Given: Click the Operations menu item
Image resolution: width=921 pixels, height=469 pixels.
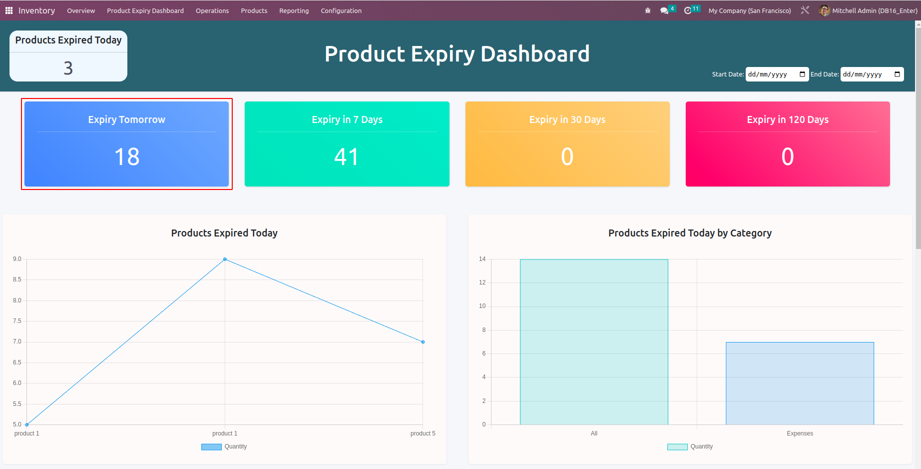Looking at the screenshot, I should [x=212, y=10].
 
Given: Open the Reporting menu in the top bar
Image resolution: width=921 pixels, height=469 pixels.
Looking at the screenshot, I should [x=294, y=10].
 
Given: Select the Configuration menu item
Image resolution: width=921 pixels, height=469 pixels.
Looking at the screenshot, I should [x=341, y=10].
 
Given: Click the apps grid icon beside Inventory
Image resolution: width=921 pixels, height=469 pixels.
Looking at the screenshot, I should [x=9, y=10].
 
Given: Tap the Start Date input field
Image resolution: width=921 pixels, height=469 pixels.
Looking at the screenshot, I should [x=772, y=74].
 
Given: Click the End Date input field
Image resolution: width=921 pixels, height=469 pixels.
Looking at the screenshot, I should [x=867, y=74].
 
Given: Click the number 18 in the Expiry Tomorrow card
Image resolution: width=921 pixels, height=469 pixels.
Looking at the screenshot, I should [x=127, y=157].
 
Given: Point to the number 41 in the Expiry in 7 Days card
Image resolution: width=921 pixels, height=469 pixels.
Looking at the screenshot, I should [x=347, y=157].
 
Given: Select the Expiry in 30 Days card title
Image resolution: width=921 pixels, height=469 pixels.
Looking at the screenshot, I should [x=567, y=119].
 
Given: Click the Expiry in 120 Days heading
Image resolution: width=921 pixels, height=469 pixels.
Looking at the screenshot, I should [x=788, y=119].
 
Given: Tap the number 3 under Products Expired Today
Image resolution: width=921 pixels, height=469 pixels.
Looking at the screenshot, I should [x=68, y=68].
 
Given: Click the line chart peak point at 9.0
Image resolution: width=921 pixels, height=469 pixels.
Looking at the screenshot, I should [x=225, y=259].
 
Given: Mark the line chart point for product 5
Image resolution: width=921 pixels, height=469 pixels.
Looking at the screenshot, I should [x=423, y=342].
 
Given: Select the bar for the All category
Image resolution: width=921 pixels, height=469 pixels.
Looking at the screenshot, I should [x=594, y=342].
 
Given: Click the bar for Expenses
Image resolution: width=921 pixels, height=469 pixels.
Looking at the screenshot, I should [x=800, y=383].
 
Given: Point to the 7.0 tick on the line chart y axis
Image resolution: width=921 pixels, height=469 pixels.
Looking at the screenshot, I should [x=17, y=342].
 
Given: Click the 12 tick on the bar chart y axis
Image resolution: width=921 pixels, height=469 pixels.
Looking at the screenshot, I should [x=482, y=282].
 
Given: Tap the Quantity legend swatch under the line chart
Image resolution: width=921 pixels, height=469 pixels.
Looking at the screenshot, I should [x=211, y=447].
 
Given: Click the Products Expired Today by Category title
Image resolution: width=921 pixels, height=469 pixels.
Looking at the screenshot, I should [x=690, y=233].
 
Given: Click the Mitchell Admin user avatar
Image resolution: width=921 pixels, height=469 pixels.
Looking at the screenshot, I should [x=824, y=10].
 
